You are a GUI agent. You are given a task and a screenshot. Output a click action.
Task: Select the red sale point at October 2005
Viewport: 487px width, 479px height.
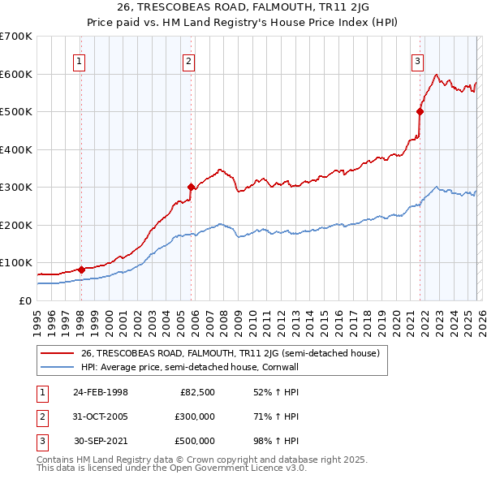192,187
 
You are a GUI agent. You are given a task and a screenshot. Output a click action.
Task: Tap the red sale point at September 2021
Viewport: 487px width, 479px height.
420,111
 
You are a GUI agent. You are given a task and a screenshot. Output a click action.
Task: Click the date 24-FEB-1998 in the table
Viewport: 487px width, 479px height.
100,393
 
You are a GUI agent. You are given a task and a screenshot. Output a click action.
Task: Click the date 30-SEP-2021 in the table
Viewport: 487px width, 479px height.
101,442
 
